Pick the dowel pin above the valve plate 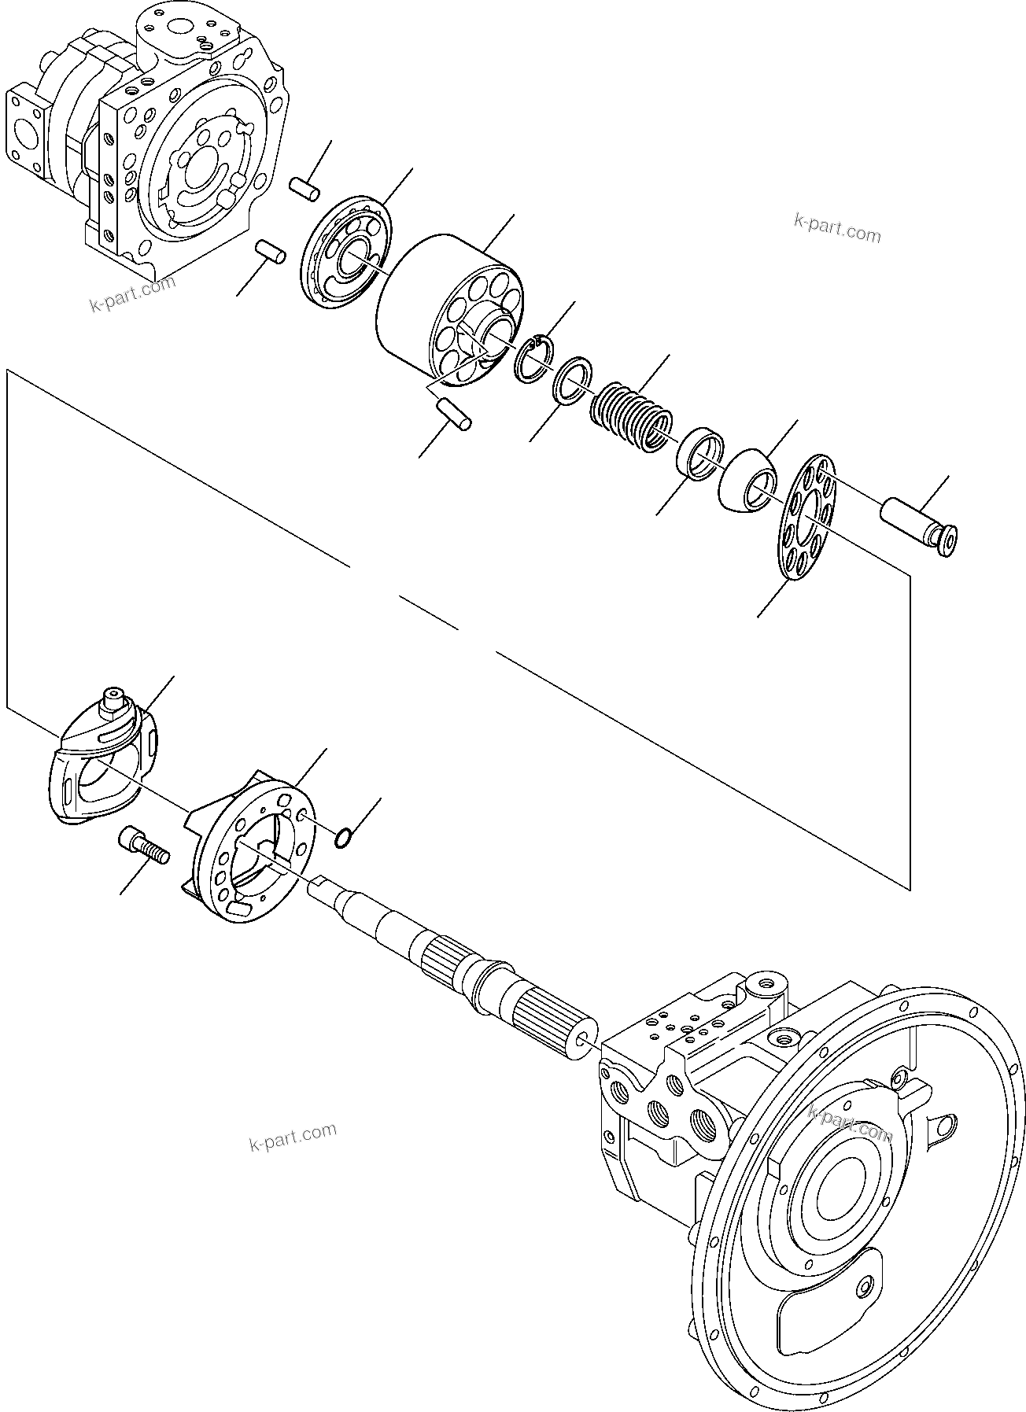click(304, 189)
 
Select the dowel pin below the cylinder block click(454, 414)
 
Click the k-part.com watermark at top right click(837, 230)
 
